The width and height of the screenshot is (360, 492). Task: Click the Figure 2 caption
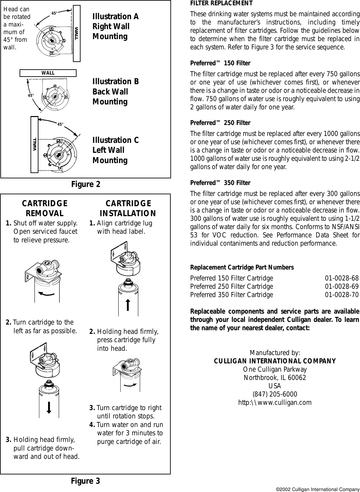click(x=86, y=184)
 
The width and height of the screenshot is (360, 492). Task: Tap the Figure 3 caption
click(x=86, y=481)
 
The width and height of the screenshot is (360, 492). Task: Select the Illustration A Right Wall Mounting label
click(x=115, y=27)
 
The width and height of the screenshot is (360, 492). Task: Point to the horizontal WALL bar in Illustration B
click(x=48, y=73)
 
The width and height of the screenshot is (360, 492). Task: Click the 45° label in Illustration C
click(x=60, y=125)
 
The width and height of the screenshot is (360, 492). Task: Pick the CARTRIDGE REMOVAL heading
click(x=45, y=208)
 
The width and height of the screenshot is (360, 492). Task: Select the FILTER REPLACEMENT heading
click(x=221, y=4)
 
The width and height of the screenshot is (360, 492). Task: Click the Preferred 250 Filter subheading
click(x=220, y=123)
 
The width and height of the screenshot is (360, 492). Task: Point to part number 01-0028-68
click(x=341, y=278)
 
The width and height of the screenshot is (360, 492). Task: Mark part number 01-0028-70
click(x=341, y=294)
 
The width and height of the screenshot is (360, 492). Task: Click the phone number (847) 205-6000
click(x=275, y=394)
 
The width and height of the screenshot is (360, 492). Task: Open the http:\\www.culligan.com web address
click(x=275, y=402)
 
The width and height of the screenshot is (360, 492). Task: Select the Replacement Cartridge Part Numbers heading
click(x=242, y=268)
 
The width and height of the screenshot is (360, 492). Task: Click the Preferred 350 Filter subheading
click(x=220, y=183)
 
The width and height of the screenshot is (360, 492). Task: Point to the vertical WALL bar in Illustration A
click(x=77, y=33)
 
